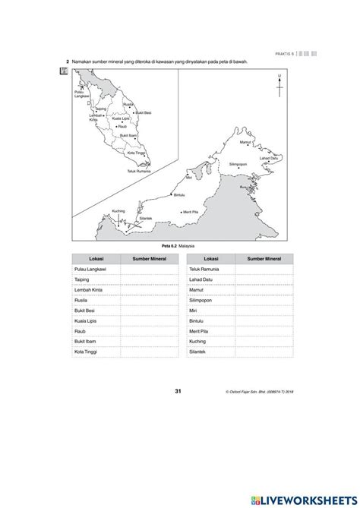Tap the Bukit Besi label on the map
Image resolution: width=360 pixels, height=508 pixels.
point(143,112)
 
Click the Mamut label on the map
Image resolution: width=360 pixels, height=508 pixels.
point(245,142)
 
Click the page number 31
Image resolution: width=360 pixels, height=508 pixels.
point(178,391)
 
